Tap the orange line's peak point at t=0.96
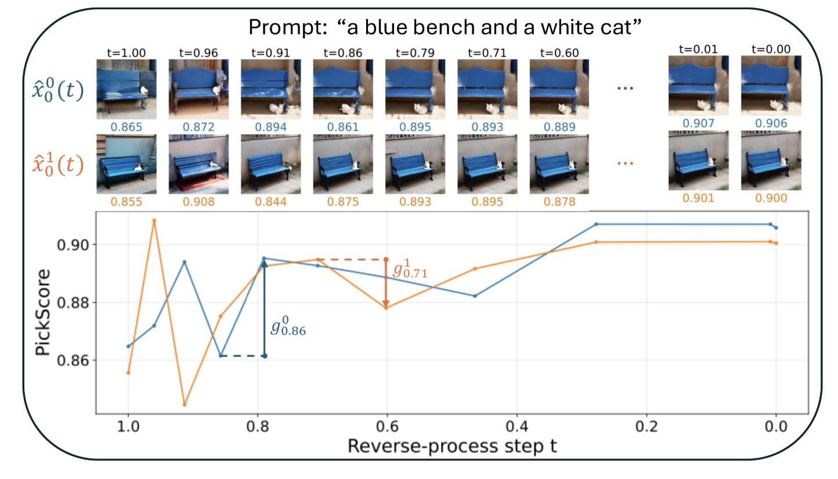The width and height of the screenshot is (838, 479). click(x=154, y=220)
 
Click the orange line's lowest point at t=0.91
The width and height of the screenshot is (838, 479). click(x=185, y=404)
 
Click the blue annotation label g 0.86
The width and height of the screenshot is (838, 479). click(x=288, y=327)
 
